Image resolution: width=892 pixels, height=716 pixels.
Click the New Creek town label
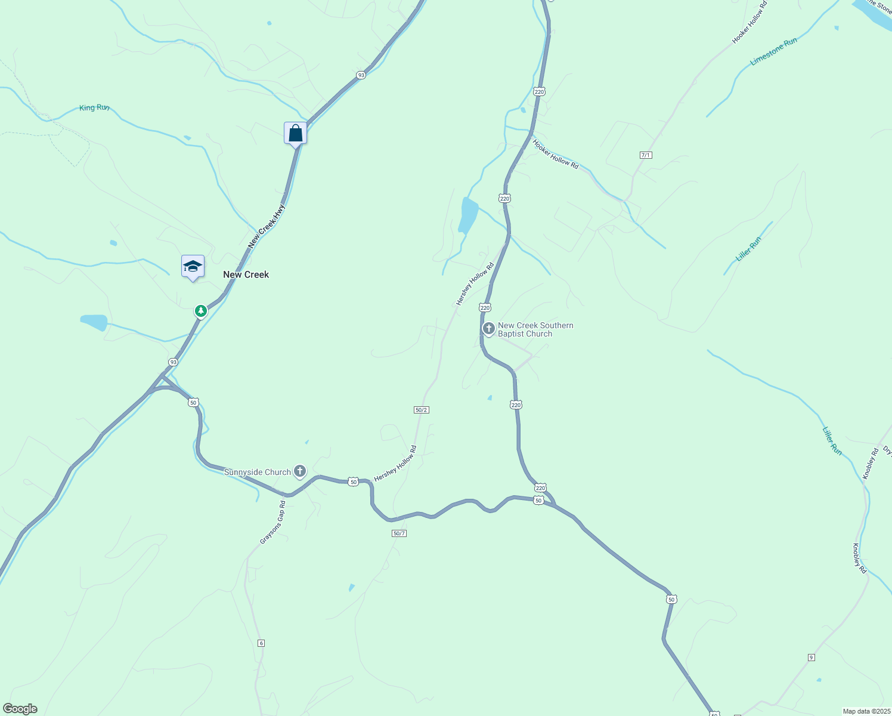tap(246, 274)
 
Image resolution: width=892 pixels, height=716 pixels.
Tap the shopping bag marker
tap(295, 133)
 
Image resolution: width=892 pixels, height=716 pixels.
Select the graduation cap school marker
tap(193, 266)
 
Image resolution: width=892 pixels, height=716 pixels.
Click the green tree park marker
tap(202, 311)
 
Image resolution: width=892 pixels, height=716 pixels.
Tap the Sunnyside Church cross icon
tap(300, 471)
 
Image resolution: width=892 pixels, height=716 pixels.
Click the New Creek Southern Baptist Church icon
tap(489, 329)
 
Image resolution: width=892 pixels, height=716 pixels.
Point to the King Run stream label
tap(94, 108)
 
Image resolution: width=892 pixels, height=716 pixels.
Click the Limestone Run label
tap(773, 52)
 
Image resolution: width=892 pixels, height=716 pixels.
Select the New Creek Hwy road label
tap(267, 226)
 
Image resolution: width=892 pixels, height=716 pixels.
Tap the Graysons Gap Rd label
tap(273, 523)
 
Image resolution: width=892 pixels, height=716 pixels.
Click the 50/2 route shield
tap(422, 410)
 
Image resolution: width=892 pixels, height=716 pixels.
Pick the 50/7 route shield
tap(399, 533)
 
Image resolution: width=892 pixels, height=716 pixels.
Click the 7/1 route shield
tap(646, 155)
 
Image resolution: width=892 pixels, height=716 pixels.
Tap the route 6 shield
tap(261, 643)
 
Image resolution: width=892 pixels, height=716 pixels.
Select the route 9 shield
tap(811, 658)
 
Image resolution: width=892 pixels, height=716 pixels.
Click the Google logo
tap(20, 709)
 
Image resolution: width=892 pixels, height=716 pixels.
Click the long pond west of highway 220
tap(468, 215)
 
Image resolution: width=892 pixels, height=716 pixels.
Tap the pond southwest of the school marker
tap(94, 322)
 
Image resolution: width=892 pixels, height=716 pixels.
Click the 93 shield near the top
tap(361, 75)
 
